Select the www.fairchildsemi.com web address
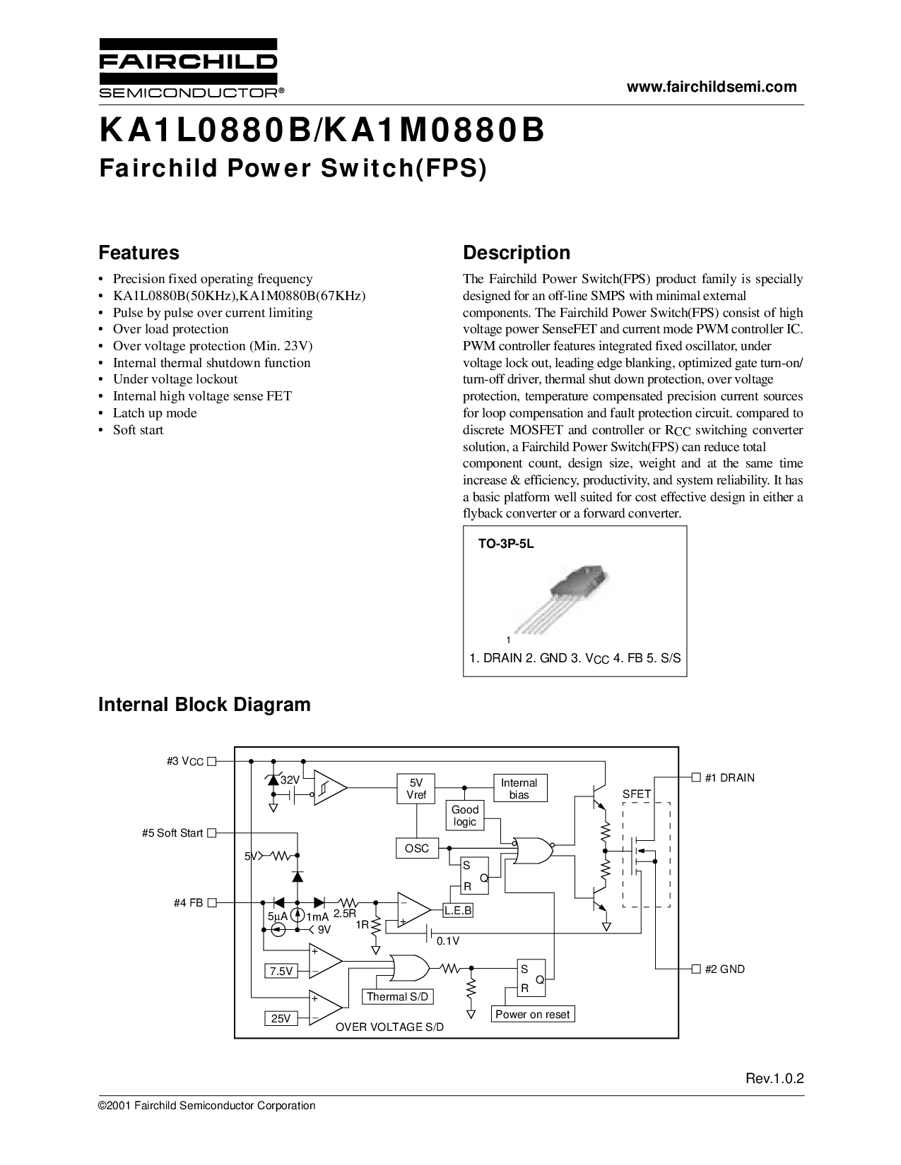(712, 87)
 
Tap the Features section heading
(139, 253)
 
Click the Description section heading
(516, 253)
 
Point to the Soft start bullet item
(138, 430)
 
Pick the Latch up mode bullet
(155, 413)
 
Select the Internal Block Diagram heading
(204, 705)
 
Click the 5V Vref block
(416, 789)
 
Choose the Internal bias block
(519, 789)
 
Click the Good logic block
(464, 815)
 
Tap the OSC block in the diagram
(417, 848)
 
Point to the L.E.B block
(458, 911)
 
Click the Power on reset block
(532, 1015)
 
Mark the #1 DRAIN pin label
(724, 778)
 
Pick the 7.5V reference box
(281, 972)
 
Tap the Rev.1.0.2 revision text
(775, 1079)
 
